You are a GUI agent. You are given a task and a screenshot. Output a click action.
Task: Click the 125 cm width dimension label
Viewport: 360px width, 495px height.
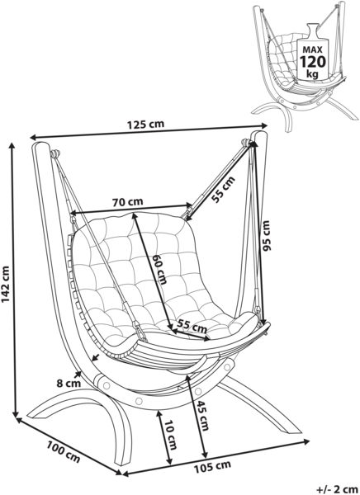145,124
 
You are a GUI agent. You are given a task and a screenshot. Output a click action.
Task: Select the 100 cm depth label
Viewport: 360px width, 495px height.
64,452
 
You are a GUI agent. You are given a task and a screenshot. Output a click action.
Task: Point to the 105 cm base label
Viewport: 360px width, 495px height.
212,467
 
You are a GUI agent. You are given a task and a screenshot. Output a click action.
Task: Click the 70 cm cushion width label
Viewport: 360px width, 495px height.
128,201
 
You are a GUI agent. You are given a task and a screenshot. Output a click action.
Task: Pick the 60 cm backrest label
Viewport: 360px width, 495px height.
159,270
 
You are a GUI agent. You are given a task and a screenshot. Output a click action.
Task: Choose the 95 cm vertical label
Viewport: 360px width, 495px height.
267,235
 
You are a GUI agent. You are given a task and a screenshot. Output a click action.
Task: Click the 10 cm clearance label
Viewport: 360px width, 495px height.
170,435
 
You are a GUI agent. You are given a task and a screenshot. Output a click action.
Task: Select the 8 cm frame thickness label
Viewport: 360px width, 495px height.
69,384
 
